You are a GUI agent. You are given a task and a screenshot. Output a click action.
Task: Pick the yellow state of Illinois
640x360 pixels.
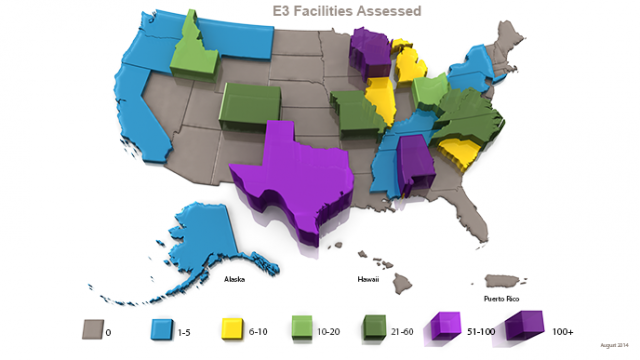pyautogui.click(x=380, y=100)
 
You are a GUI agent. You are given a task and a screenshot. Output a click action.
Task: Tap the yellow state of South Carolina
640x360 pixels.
pyautogui.click(x=456, y=152)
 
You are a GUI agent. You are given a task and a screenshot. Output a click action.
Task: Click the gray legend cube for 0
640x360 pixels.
pyautogui.click(x=94, y=327)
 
